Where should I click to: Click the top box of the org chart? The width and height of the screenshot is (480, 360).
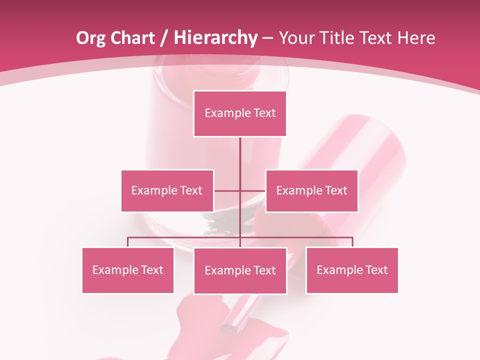coord(240,113)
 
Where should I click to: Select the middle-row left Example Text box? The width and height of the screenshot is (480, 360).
coord(167,190)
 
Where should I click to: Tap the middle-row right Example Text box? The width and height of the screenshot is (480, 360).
coord(311,190)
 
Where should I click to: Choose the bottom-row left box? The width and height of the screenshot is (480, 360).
coord(128,270)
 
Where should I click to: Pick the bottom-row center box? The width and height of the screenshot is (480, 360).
coord(240,270)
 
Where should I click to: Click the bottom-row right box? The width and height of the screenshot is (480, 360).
coord(352,270)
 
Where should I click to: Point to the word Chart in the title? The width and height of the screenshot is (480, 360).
coord(131,38)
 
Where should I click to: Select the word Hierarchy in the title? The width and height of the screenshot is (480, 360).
coord(215,38)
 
